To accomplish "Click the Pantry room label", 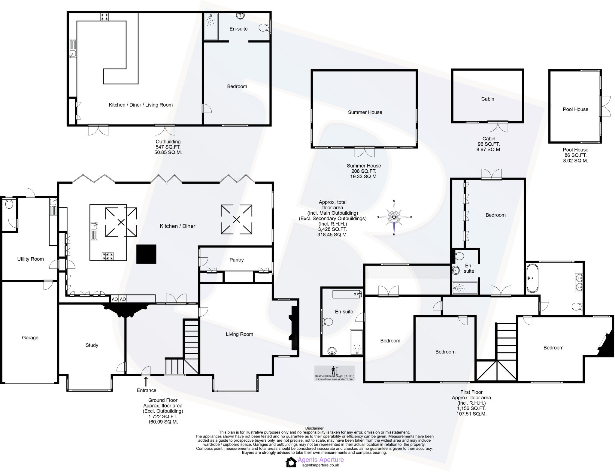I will tap(236, 260).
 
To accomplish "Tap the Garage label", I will tap(30, 337).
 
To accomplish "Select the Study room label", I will tap(92, 345).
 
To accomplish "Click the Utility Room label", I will tap(30, 259).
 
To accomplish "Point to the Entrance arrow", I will tap(146, 381).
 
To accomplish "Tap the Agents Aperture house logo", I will tap(291, 462).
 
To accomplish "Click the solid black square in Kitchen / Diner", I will tap(146, 254).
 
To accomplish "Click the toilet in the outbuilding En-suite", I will tap(263, 28).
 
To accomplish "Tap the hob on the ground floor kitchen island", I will tap(108, 256).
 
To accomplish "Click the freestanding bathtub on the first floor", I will tap(532, 278).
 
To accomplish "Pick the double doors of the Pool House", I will tap(605, 106).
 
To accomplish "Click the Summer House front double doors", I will tap(365, 152).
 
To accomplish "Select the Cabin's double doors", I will tap(498, 127).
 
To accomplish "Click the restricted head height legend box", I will tap(334, 373).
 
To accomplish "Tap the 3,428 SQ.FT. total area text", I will tap(332, 229).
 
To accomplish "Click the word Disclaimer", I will tap(314, 428).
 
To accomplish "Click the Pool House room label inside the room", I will tap(575, 109).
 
